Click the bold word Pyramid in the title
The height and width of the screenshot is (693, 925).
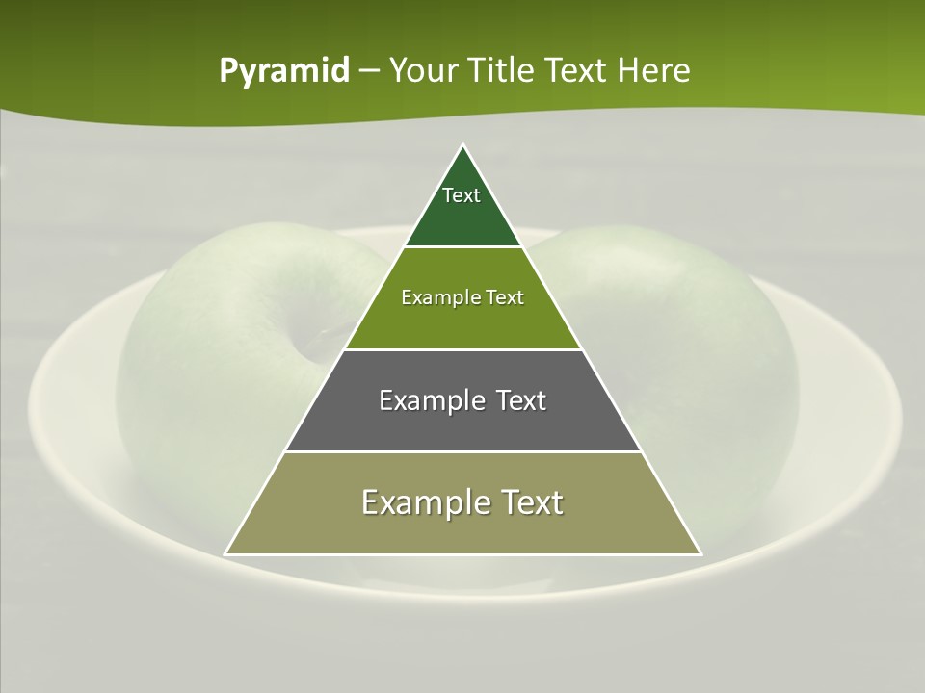pos(284,71)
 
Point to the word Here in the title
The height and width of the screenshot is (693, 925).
pos(654,71)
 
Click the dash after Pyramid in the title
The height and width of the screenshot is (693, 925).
pos(369,72)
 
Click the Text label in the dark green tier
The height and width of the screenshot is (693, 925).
pos(462,195)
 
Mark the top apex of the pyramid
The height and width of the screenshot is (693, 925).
pos(462,145)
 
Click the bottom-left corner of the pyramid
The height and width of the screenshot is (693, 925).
pos(225,553)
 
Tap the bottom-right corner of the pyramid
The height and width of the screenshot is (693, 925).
pos(700,553)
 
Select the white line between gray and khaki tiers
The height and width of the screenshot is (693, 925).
pos(462,451)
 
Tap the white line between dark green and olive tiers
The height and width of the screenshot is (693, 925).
pos(462,247)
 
